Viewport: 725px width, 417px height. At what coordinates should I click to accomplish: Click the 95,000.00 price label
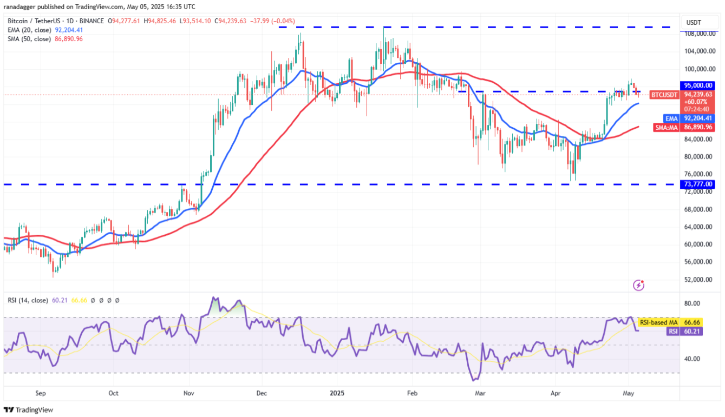click(x=698, y=85)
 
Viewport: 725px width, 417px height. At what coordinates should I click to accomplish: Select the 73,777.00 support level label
click(x=698, y=184)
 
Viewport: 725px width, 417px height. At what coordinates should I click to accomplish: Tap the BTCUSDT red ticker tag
click(x=664, y=95)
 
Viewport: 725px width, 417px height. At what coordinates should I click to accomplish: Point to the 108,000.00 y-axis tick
click(x=698, y=34)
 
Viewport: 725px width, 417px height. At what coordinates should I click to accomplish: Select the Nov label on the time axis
click(x=188, y=393)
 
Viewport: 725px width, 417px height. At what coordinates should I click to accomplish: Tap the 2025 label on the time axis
click(x=337, y=393)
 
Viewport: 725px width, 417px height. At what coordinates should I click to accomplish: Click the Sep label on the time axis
click(x=40, y=393)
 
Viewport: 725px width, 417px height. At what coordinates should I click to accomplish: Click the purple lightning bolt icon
click(x=639, y=285)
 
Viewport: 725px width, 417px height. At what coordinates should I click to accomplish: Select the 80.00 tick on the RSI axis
click(x=693, y=303)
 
